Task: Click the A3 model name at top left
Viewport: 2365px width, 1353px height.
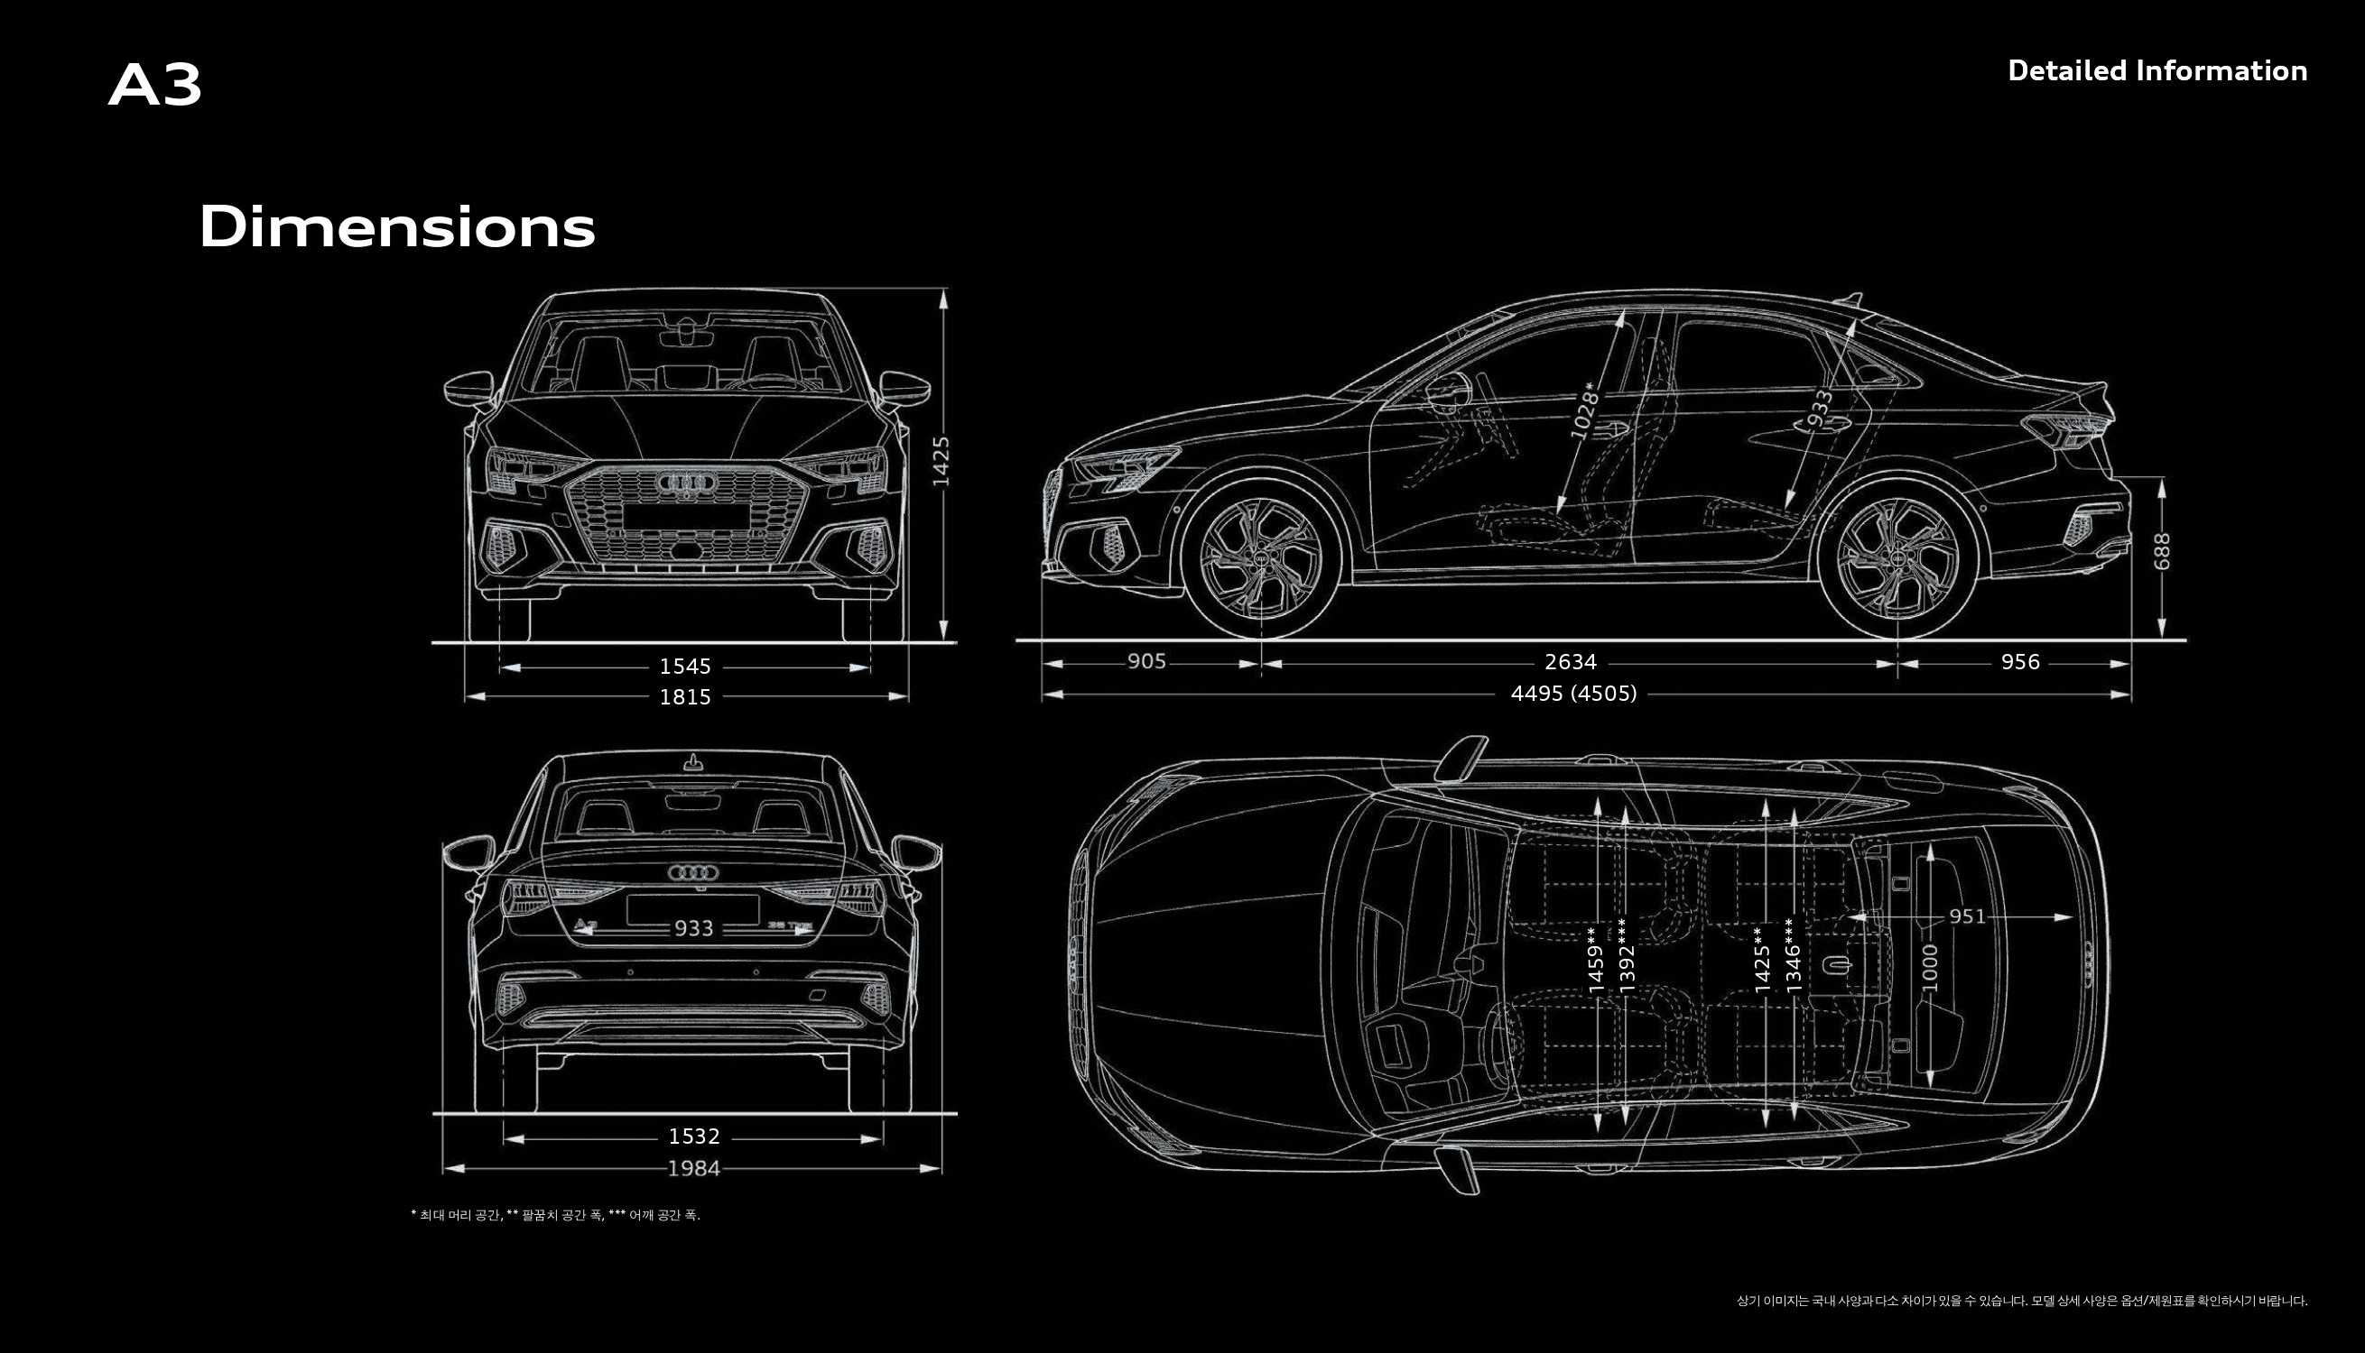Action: click(155, 86)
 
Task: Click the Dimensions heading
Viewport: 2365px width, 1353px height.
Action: click(397, 227)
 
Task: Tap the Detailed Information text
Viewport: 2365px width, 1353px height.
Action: click(2156, 70)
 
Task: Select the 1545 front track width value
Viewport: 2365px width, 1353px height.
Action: click(685, 667)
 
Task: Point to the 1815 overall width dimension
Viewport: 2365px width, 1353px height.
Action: click(685, 697)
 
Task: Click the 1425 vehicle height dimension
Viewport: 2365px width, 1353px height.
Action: click(941, 461)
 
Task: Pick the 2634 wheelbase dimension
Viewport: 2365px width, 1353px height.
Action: click(1570, 662)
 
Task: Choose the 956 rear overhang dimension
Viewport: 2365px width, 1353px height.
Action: click(2020, 662)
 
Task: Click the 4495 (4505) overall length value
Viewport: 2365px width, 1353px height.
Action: click(1573, 694)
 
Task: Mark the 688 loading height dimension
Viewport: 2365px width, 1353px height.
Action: click(2161, 551)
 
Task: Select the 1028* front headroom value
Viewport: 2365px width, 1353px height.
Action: click(1586, 410)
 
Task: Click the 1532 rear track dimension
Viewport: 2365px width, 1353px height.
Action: click(693, 1137)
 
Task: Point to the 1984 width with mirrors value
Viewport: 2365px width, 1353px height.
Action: click(693, 1168)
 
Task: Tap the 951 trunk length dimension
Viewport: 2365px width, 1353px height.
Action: click(1967, 916)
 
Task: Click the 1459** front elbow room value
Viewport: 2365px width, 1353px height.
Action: click(1596, 960)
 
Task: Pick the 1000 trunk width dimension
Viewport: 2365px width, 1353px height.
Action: click(1930, 967)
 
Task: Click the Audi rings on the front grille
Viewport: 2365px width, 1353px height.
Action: click(686, 483)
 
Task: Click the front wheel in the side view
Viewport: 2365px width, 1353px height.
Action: click(1261, 558)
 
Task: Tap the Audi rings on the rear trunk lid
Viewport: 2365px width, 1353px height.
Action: click(692, 872)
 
